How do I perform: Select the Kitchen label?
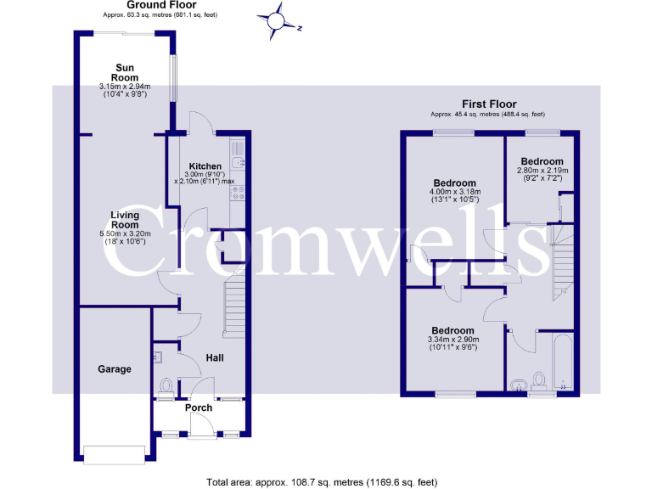pos(205,166)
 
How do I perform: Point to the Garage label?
pos(115,369)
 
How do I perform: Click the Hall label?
pos(215,358)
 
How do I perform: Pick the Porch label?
pos(199,408)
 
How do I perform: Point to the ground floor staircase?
pos(235,311)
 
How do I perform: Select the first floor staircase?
pos(560,263)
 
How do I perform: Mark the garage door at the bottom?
pos(114,454)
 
